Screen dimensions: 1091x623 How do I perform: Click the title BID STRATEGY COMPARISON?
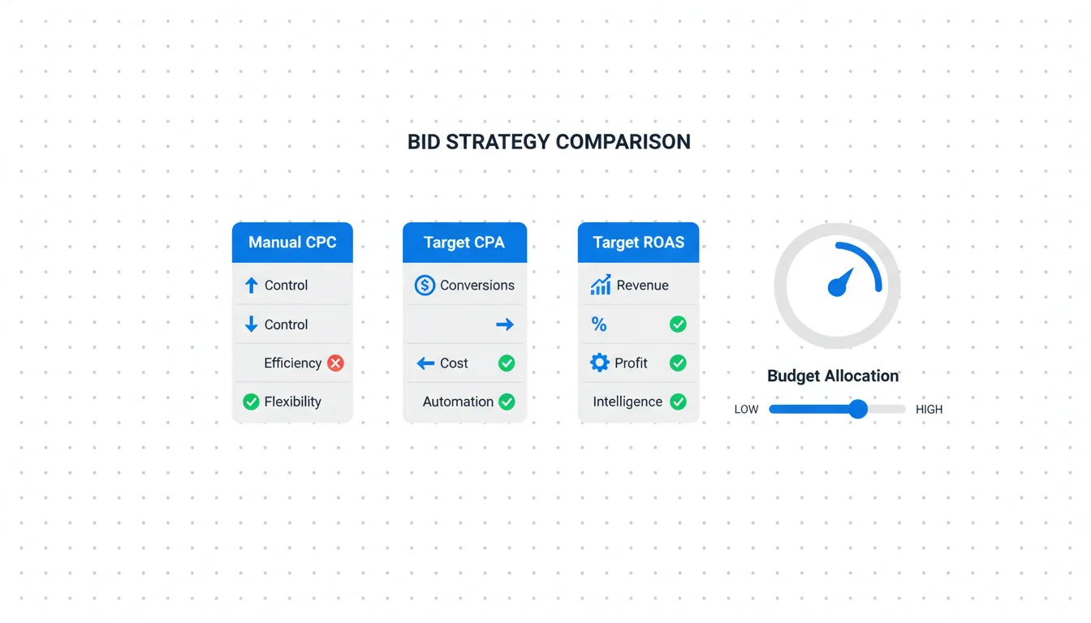(x=549, y=142)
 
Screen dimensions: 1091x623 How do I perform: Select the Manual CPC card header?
(x=292, y=243)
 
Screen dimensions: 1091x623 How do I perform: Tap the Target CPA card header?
(x=464, y=243)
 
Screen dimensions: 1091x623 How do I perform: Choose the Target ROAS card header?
(x=638, y=243)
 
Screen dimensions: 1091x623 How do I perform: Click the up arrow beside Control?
(x=252, y=286)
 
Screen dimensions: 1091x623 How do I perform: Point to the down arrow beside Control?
(x=252, y=324)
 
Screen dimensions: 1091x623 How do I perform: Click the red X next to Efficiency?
(x=335, y=363)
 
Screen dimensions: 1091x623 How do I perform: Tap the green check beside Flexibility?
(x=251, y=402)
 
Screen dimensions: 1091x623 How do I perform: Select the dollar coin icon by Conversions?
(x=425, y=286)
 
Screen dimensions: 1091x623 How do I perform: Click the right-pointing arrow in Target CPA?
(x=505, y=324)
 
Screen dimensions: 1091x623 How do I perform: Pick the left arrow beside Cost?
(x=425, y=363)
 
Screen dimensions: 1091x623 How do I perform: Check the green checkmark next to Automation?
(x=507, y=402)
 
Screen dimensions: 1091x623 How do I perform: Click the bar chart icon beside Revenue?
(x=601, y=285)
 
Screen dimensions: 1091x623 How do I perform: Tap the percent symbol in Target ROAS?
(x=599, y=324)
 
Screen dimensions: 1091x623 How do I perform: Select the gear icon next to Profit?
(x=600, y=363)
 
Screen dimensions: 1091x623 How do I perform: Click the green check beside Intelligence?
(x=678, y=402)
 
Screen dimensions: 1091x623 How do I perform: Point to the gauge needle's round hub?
(x=837, y=287)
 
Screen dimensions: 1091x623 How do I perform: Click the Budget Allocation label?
(x=833, y=376)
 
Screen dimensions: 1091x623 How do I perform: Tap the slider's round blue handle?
(x=858, y=409)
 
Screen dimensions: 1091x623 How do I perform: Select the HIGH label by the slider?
(x=929, y=410)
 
